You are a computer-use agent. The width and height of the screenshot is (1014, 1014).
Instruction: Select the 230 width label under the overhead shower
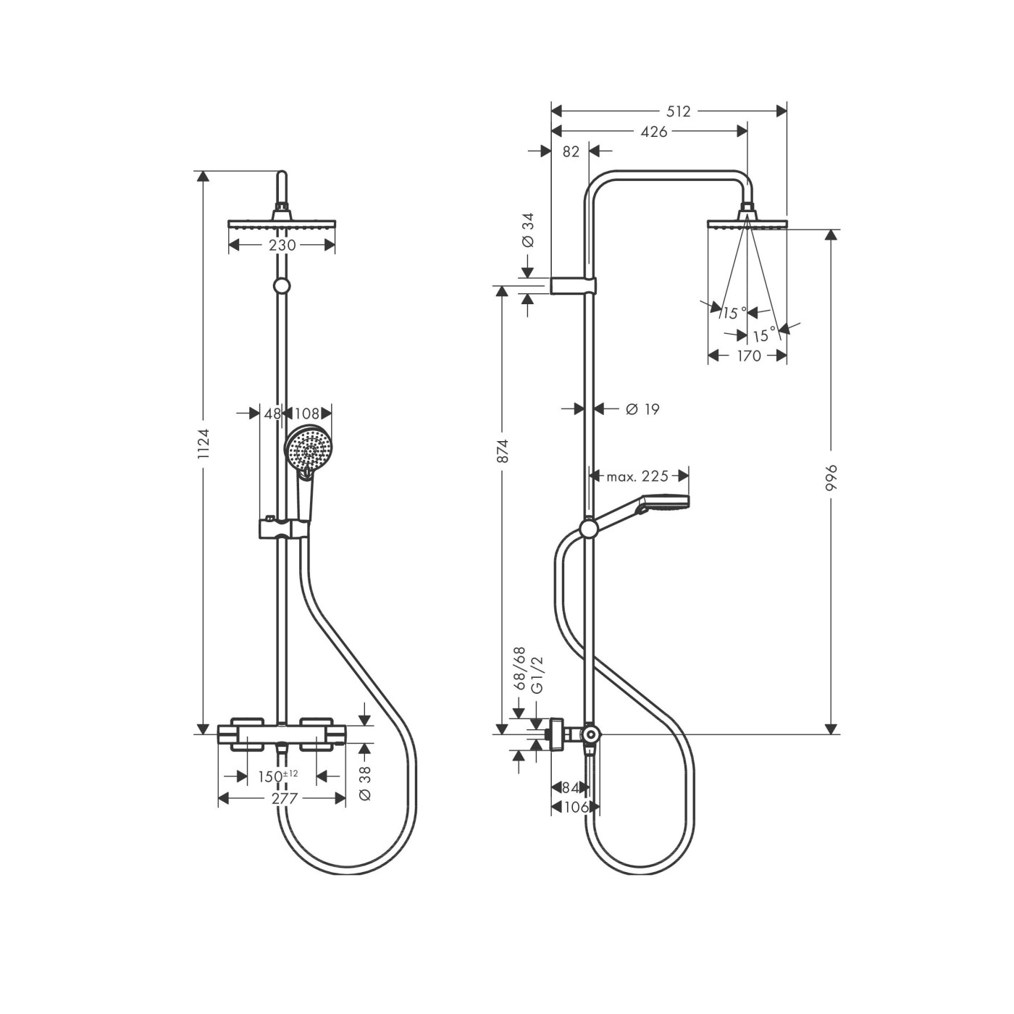(x=282, y=246)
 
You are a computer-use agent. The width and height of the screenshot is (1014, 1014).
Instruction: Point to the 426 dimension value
(x=654, y=131)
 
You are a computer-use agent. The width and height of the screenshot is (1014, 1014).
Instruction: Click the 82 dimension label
(x=571, y=151)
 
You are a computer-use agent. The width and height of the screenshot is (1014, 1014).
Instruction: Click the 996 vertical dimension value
(x=831, y=478)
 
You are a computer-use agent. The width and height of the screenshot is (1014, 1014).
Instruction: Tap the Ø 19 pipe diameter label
(x=642, y=409)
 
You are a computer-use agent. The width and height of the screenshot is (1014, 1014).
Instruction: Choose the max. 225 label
(x=637, y=476)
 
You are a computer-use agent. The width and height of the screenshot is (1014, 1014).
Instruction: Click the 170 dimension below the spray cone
(x=748, y=356)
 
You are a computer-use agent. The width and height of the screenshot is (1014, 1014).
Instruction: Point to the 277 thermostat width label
(x=282, y=798)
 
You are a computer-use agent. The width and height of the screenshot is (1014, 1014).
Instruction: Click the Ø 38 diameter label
(x=365, y=783)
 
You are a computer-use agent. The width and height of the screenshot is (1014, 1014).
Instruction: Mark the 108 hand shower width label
(x=307, y=414)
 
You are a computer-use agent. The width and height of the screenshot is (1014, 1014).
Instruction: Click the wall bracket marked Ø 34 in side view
(x=574, y=285)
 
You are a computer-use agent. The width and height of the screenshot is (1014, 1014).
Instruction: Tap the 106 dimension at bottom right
(x=574, y=807)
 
